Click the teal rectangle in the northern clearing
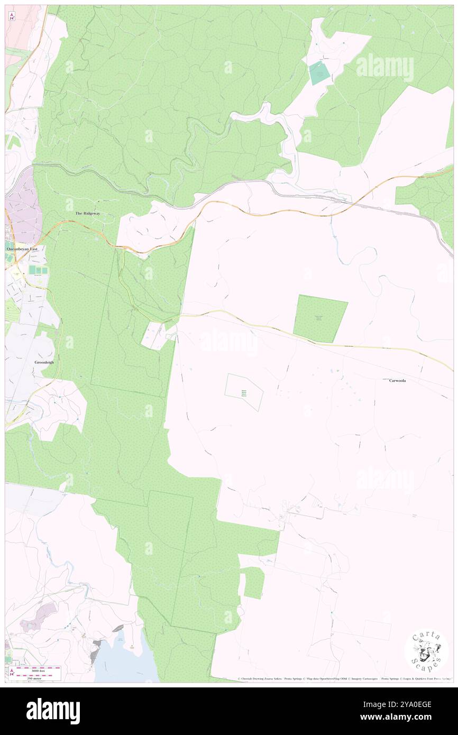pyautogui.click(x=318, y=73)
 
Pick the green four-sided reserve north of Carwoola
pyautogui.click(x=319, y=318)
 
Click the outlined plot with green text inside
pyautogui.click(x=244, y=392)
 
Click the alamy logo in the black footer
pyautogui.click(x=53, y=711)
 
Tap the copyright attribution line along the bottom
pyautogui.click(x=344, y=678)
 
